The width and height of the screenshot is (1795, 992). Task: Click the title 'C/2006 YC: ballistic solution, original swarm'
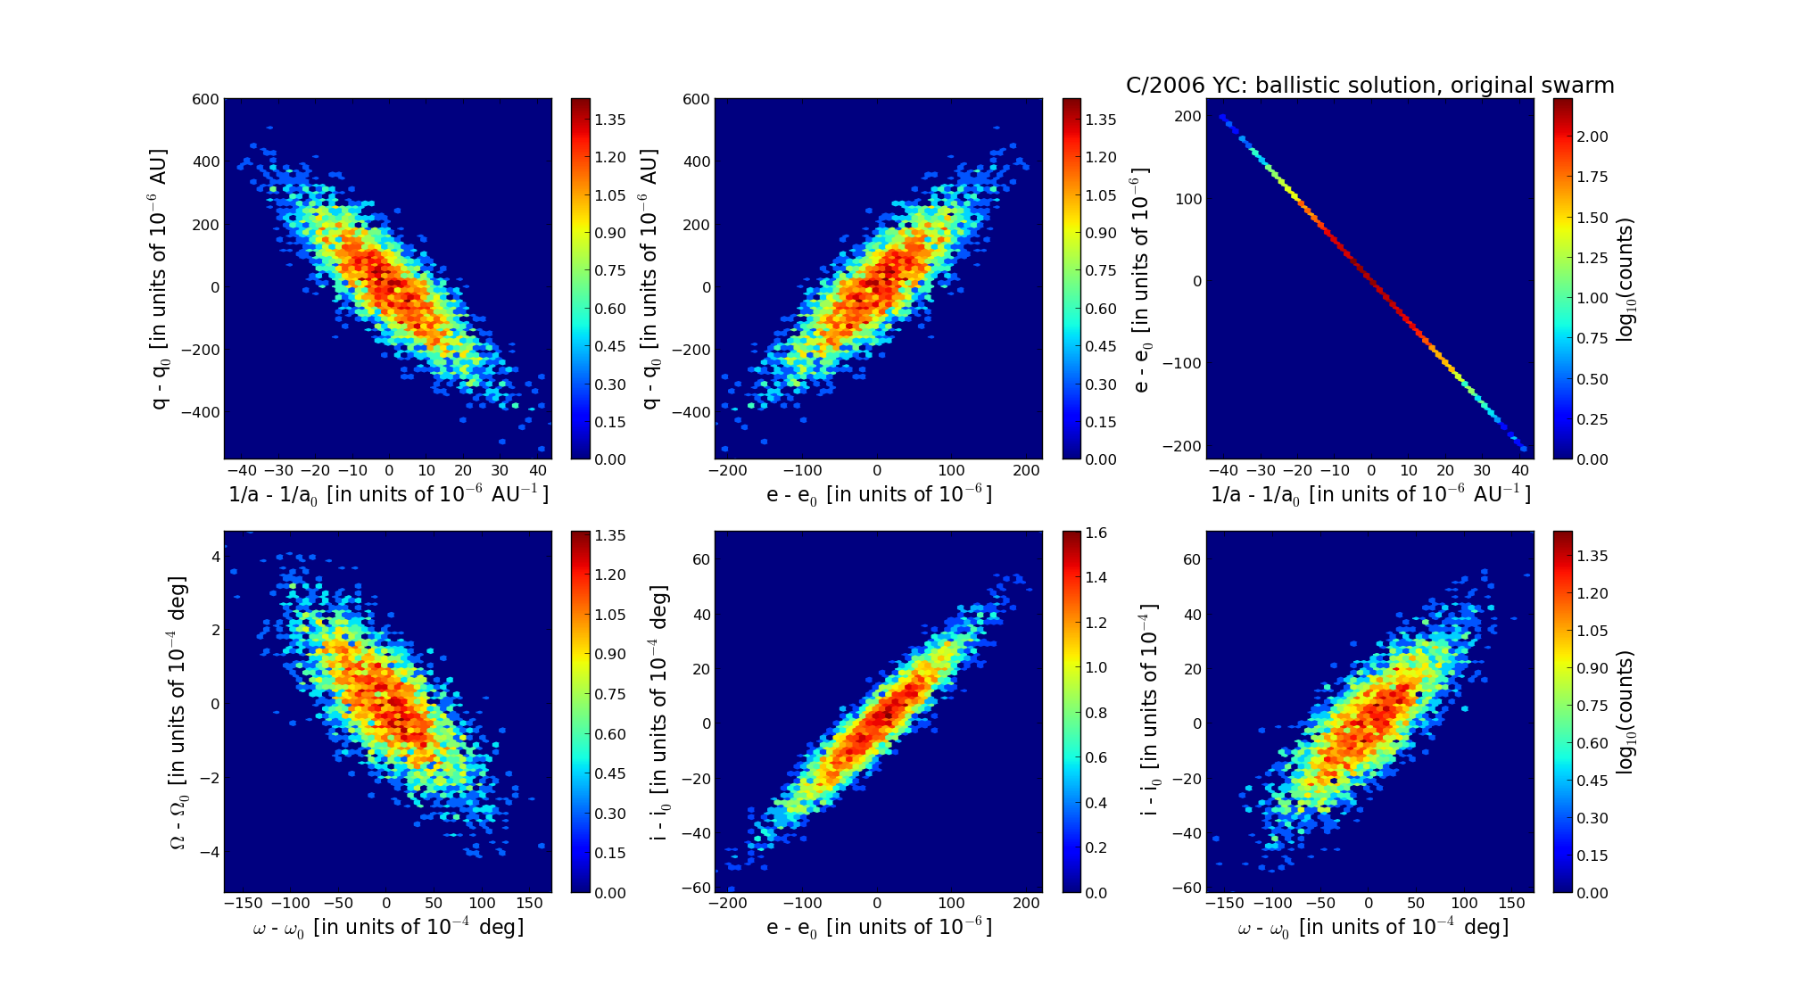click(1369, 86)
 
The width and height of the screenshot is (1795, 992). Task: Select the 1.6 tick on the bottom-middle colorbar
click(1096, 533)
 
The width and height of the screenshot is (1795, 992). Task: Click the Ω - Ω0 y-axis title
click(178, 712)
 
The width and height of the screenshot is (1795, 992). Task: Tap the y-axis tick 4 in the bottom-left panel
click(214, 556)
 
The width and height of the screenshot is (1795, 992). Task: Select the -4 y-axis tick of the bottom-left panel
click(209, 852)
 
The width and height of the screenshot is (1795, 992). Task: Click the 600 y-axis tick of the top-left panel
click(205, 99)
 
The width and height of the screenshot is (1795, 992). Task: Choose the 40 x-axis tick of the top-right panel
click(1519, 470)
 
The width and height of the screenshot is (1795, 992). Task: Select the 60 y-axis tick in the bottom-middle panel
click(701, 559)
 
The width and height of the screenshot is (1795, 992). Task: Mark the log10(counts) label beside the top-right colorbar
click(1625, 279)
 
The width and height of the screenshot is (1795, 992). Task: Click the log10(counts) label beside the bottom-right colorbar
click(1625, 712)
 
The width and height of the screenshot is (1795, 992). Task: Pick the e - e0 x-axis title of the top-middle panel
click(879, 494)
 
